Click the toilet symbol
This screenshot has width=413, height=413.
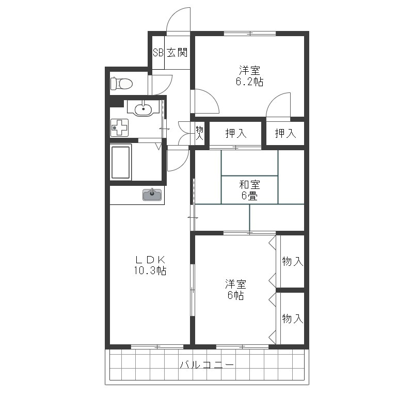(121, 84)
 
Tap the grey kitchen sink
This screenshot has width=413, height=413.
(152, 195)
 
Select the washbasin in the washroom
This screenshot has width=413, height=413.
(144, 108)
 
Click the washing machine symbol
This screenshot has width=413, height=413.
(119, 128)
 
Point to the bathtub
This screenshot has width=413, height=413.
(121, 162)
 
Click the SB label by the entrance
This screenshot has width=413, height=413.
(158, 53)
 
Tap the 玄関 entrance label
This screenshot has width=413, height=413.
(177, 53)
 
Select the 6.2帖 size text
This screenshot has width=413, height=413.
(249, 82)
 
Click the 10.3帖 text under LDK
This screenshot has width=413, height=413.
(150, 271)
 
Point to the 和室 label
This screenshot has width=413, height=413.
(249, 185)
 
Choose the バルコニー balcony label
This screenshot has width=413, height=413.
(207, 365)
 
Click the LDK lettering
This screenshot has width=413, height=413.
(150, 260)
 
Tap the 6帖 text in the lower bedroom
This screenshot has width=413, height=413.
(235, 295)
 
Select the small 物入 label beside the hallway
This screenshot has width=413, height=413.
(199, 133)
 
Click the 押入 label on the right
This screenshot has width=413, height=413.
(285, 133)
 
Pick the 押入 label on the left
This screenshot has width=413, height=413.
(236, 133)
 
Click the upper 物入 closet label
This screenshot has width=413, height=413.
(292, 261)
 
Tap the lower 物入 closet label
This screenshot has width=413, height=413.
(292, 319)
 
